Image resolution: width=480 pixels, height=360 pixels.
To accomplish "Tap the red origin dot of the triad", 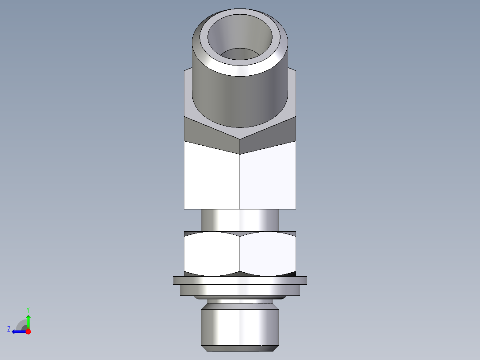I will pos(28,331).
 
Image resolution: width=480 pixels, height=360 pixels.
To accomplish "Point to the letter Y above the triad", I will pos(28,309).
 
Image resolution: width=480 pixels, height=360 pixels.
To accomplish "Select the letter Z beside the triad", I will pos(9,329).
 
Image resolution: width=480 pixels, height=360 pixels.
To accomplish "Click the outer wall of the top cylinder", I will pos(240,98).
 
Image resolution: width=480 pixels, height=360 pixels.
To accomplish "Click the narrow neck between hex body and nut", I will pos(240,220).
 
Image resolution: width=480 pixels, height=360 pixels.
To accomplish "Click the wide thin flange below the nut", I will pos(240,280).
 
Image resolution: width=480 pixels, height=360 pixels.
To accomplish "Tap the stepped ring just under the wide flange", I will pos(240,290).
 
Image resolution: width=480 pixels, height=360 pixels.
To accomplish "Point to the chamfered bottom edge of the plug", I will pos(240,346).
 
